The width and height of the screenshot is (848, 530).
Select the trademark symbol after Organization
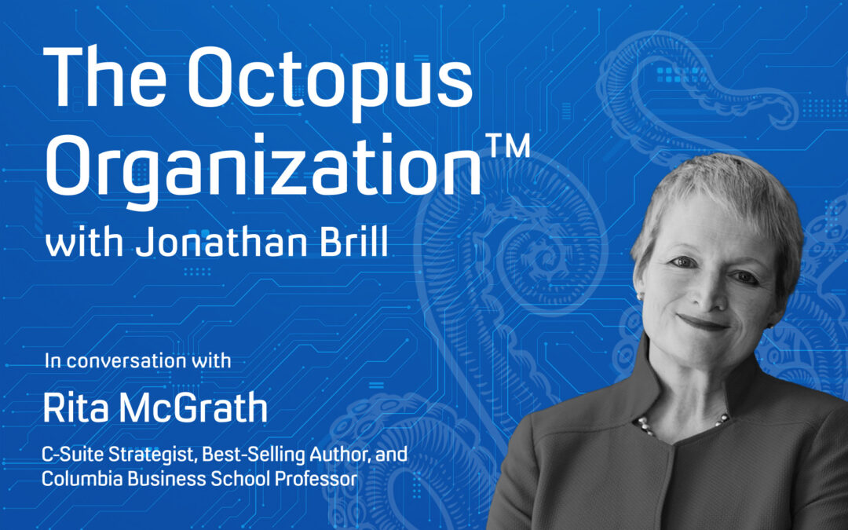click(x=510, y=144)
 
